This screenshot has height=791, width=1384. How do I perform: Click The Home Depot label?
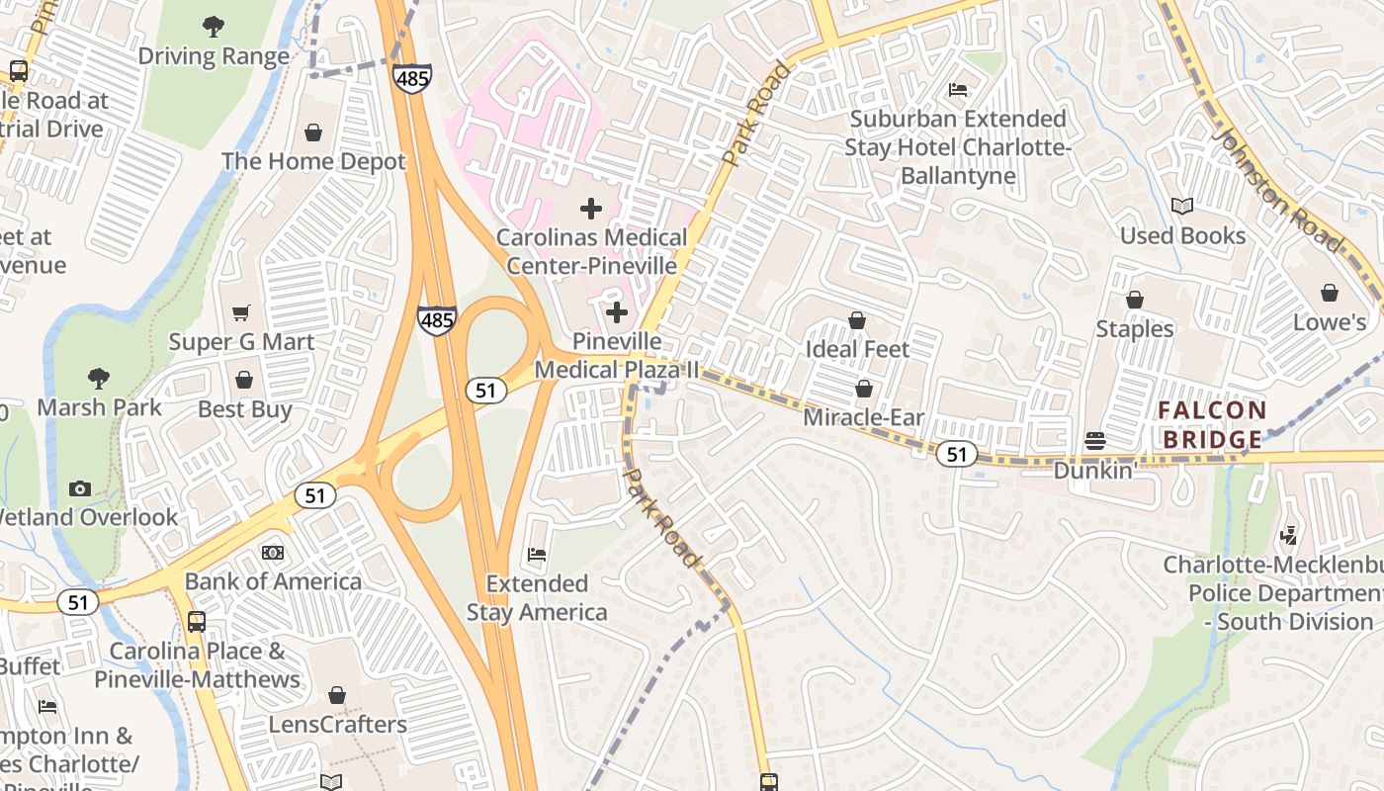point(313,161)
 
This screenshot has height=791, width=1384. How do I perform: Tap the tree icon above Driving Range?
point(214,27)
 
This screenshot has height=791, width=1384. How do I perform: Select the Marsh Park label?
point(99,407)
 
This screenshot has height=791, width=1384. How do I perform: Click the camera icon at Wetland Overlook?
point(80,488)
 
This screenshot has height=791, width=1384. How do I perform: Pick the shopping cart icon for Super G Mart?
point(241,313)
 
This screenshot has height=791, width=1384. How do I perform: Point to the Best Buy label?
point(245,409)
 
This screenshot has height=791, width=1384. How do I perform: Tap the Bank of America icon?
point(273,553)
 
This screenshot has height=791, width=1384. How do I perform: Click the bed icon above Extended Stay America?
point(537,555)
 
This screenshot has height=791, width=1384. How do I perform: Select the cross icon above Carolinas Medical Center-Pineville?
point(591,209)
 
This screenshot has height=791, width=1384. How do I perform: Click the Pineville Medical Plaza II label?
point(617,355)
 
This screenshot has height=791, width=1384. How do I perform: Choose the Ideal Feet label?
point(857,349)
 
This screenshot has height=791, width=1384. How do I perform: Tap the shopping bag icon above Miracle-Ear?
point(864,389)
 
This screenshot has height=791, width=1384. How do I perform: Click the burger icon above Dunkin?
point(1094,440)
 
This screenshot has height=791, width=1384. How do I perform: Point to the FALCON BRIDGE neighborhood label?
point(1212,424)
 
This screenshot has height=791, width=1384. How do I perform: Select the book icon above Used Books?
point(1182,207)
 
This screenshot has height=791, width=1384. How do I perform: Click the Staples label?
point(1135,328)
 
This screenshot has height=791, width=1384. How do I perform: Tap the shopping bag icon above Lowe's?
point(1330,294)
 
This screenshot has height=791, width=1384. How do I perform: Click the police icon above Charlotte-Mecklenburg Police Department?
point(1288,536)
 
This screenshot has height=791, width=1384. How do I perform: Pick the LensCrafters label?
point(337,725)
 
